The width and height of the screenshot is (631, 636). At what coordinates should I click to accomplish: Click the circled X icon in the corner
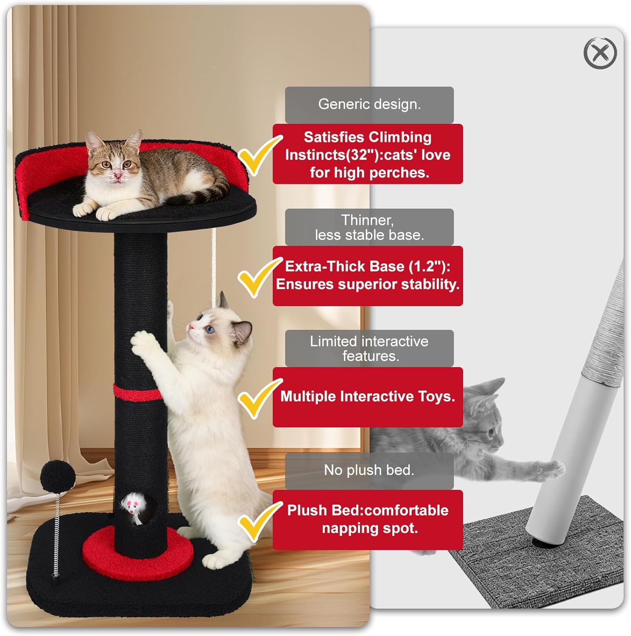[x=600, y=53]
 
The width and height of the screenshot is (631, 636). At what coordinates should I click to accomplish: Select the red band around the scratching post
[x=137, y=393]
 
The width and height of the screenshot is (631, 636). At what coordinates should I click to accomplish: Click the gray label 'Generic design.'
[x=369, y=104]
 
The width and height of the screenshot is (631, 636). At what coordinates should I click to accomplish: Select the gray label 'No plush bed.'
[x=369, y=470]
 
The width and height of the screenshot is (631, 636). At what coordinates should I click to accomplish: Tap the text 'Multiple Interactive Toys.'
[x=367, y=396]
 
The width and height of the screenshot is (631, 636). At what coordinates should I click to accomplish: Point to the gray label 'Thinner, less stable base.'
[x=369, y=227]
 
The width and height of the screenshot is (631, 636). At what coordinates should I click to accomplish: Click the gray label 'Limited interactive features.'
[x=369, y=349]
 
